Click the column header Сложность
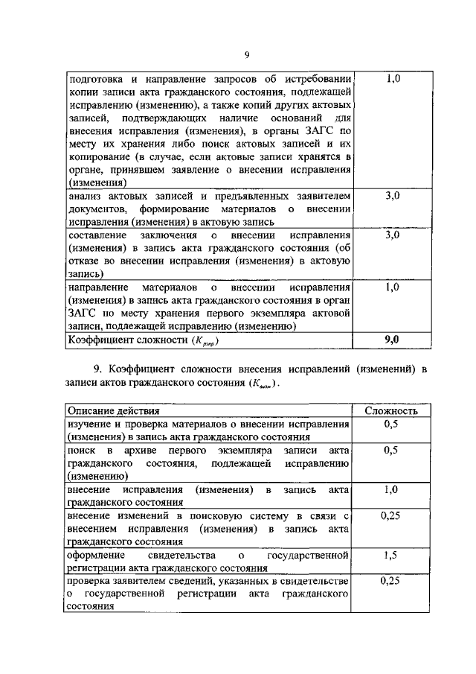[x=391, y=410]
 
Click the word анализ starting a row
[x=86, y=197]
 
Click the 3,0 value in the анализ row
[x=393, y=196]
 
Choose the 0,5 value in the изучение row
[x=392, y=424]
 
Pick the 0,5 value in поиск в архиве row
[x=392, y=451]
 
